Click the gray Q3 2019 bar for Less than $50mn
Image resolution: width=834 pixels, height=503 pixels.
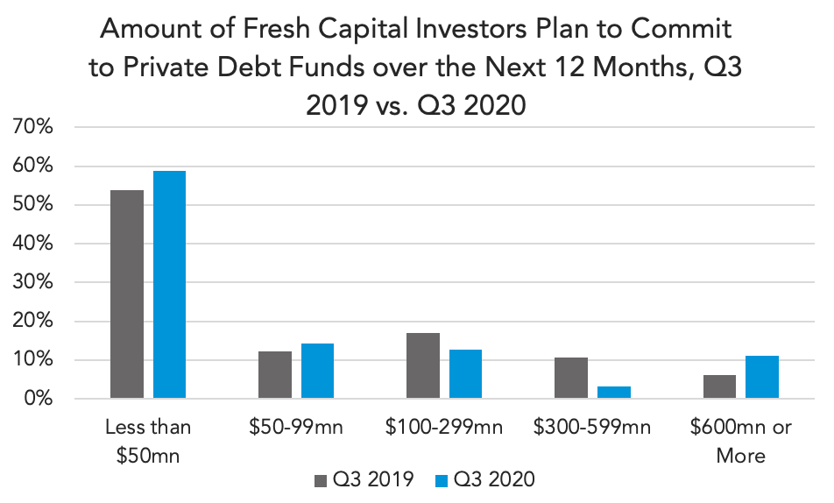click(127, 294)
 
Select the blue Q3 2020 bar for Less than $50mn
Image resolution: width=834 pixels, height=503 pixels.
click(170, 284)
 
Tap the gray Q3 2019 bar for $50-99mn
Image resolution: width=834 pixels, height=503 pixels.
click(275, 375)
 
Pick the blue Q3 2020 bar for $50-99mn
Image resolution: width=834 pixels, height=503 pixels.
click(317, 371)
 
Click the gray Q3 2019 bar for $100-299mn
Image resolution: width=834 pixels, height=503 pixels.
click(423, 365)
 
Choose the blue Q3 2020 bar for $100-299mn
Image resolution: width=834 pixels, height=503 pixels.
click(465, 373)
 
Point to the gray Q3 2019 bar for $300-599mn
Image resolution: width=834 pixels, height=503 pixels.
click(571, 378)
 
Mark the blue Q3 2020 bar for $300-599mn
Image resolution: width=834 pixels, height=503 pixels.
click(614, 393)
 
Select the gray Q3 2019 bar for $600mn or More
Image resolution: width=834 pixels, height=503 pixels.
click(719, 386)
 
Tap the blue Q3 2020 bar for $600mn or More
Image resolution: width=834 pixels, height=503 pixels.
click(762, 377)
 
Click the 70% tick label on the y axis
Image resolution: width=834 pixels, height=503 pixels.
click(32, 127)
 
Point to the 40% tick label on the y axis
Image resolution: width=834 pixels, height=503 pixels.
click(32, 244)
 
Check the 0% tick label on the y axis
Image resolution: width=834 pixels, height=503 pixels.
click(39, 398)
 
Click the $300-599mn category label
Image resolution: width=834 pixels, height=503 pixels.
click(592, 428)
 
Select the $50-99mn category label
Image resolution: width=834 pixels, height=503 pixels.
click(296, 428)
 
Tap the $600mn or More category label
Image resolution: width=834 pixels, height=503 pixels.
click(741, 442)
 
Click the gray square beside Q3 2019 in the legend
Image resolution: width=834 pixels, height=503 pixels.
click(321, 480)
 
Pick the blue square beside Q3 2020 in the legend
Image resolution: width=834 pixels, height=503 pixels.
click(442, 480)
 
